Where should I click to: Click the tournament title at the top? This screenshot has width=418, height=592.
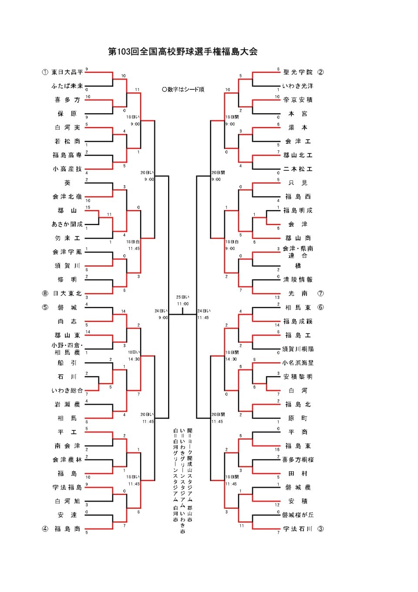pyautogui.click(x=183, y=51)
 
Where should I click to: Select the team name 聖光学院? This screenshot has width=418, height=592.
pyautogui.click(x=298, y=72)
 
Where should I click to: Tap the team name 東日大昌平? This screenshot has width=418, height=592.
pyautogui.click(x=67, y=72)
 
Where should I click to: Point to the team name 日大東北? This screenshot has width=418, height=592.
pyautogui.click(x=67, y=293)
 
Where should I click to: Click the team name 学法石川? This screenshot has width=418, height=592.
pyautogui.click(x=298, y=529)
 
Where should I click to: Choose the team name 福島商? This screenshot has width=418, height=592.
pyautogui.click(x=67, y=529)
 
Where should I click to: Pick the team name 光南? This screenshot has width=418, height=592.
pyautogui.click(x=298, y=293)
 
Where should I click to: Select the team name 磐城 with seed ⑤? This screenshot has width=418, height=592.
pyautogui.click(x=67, y=307)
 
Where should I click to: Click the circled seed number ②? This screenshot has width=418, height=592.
pyautogui.click(x=320, y=72)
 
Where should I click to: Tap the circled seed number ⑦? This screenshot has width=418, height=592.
pyautogui.click(x=320, y=293)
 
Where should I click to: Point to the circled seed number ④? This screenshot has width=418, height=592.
pyautogui.click(x=45, y=529)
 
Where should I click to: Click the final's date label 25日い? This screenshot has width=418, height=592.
pyautogui.click(x=182, y=297)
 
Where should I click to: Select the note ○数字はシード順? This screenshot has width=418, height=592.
pyautogui.click(x=183, y=89)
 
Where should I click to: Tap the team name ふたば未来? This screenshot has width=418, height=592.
pyautogui.click(x=67, y=86)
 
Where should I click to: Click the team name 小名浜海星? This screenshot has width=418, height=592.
pyautogui.click(x=298, y=363)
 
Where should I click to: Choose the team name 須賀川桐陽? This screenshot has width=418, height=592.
pyautogui.click(x=298, y=349)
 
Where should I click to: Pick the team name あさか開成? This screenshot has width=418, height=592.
pyautogui.click(x=67, y=224)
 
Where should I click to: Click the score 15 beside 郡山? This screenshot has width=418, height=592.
pyautogui.click(x=88, y=207)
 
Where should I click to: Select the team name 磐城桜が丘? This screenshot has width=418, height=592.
pyautogui.click(x=298, y=515)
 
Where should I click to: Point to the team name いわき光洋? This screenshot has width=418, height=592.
pyautogui.click(x=298, y=86)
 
